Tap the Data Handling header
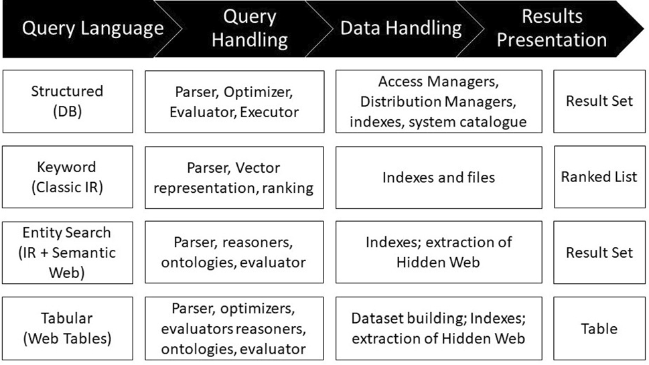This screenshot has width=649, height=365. [401, 29]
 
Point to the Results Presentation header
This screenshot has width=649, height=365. [551, 29]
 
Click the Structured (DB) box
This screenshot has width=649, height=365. [68, 101]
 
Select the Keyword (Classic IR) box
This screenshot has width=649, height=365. [68, 177]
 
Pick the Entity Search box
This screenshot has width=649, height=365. [68, 252]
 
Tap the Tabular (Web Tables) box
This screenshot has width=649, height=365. [68, 328]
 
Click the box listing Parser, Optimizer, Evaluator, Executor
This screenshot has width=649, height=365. [234, 102]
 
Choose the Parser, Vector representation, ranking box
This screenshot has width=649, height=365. [234, 177]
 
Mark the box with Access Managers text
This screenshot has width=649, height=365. [439, 101]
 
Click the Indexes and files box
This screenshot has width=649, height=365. [439, 177]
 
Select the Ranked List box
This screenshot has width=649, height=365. [599, 177]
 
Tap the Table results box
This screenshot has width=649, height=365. [599, 328]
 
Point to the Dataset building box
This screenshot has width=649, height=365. [439, 328]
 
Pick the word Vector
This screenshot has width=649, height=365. [257, 167]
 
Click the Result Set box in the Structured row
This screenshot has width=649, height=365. [599, 101]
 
